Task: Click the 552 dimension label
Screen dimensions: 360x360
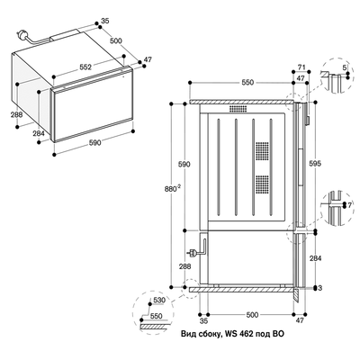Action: coord(85,67)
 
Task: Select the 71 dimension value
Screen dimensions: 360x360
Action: coord(301,67)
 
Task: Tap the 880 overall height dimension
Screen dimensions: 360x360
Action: coord(173,189)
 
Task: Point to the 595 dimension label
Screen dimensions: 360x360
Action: coord(315,164)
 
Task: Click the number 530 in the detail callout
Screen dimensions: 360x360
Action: coord(159,300)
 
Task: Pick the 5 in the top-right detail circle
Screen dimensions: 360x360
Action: coord(345,67)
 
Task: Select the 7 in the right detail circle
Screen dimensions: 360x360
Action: coord(349,205)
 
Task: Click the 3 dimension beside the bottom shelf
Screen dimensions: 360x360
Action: coord(320,288)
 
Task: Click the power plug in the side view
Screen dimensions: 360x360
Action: coord(193,254)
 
